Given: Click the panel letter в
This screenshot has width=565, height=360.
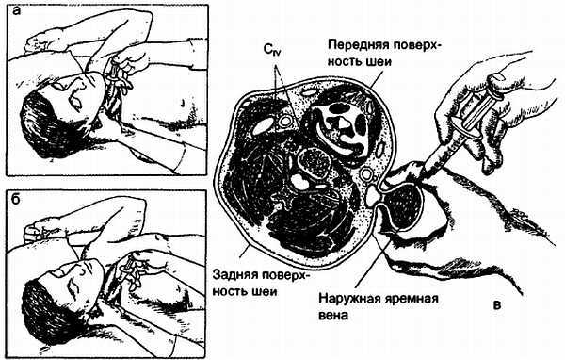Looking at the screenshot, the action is pyautogui.click(x=496, y=305).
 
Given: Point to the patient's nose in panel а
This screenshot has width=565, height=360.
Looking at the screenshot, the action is pyautogui.click(x=79, y=90).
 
